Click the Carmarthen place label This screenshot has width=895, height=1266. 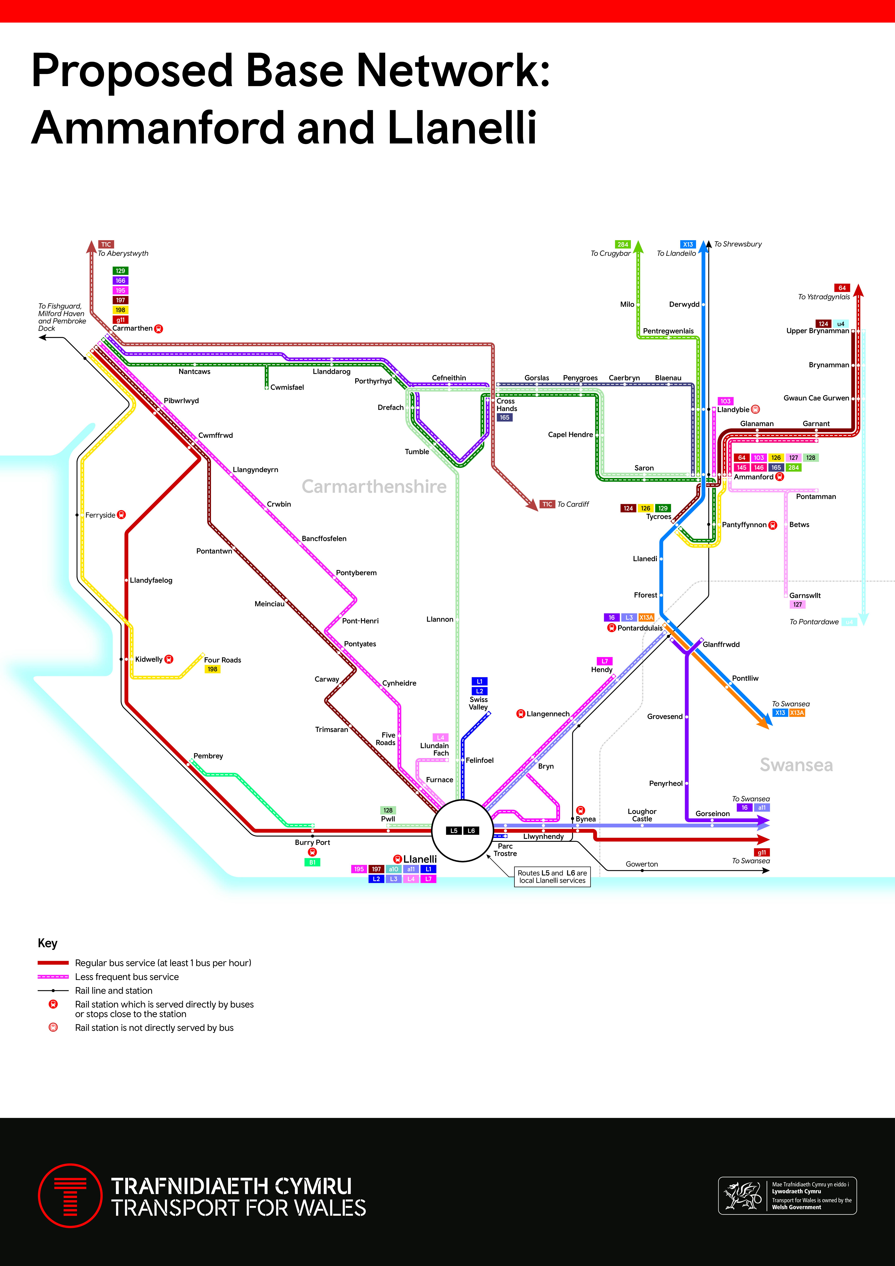pyautogui.click(x=132, y=328)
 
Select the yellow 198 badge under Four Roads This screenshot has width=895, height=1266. pyautogui.click(x=212, y=669)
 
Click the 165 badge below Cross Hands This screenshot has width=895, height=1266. pyautogui.click(x=504, y=417)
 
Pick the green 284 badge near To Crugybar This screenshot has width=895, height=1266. pyautogui.click(x=622, y=244)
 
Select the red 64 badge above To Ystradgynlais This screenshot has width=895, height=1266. pyautogui.click(x=842, y=288)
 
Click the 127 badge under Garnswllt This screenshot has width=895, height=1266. pyautogui.click(x=797, y=604)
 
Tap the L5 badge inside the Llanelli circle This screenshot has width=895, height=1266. pyautogui.click(x=454, y=830)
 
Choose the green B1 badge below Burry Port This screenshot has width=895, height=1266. pyautogui.click(x=312, y=862)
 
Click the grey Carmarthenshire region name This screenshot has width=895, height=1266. pyautogui.click(x=374, y=486)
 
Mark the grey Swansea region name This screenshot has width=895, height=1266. pyautogui.click(x=796, y=765)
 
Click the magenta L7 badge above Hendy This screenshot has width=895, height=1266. pyautogui.click(x=605, y=661)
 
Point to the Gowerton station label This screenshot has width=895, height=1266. pyautogui.click(x=642, y=864)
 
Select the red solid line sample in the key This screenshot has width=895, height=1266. pyautogui.click(x=53, y=963)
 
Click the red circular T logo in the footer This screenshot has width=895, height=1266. pyautogui.click(x=70, y=1195)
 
